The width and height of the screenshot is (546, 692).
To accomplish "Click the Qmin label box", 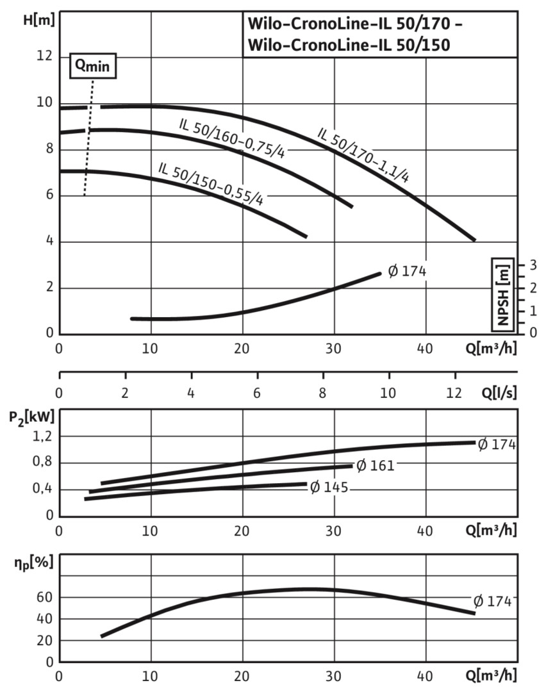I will point(93,66).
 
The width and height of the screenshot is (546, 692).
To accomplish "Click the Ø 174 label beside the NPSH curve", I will point(407,271).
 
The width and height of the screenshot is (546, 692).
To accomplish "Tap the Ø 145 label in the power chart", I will point(329,488).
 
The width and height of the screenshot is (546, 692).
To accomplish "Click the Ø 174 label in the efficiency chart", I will point(492,601).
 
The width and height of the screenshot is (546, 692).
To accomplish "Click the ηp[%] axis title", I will point(30,563).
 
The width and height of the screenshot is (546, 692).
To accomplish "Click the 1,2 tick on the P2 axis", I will point(40,436).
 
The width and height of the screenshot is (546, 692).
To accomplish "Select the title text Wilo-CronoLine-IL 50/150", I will point(349,45).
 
